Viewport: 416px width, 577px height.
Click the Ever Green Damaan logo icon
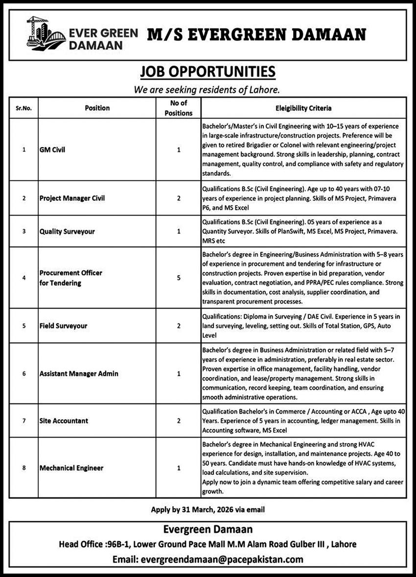click(45, 32)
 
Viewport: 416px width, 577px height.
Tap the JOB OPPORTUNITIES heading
click(208, 72)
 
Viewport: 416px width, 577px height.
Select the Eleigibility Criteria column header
click(303, 108)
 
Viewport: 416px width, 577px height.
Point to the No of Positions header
click(179, 108)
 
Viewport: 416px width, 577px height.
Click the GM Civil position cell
click(52, 150)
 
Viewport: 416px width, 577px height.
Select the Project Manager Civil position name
click(72, 198)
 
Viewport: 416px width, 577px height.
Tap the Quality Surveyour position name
click(67, 231)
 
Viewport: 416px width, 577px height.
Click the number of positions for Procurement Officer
click(179, 278)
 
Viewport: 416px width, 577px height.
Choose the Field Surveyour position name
click(63, 325)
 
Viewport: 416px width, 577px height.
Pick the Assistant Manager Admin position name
click(79, 374)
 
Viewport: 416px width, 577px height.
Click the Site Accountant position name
click(64, 421)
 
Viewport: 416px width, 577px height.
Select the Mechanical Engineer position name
click(71, 468)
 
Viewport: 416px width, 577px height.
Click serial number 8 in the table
click(23, 468)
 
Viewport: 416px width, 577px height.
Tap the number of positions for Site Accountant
click(179, 421)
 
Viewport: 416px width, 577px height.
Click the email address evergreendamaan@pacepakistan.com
click(222, 559)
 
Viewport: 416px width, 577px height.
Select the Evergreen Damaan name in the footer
click(208, 529)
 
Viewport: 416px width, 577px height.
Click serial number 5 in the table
click(23, 325)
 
